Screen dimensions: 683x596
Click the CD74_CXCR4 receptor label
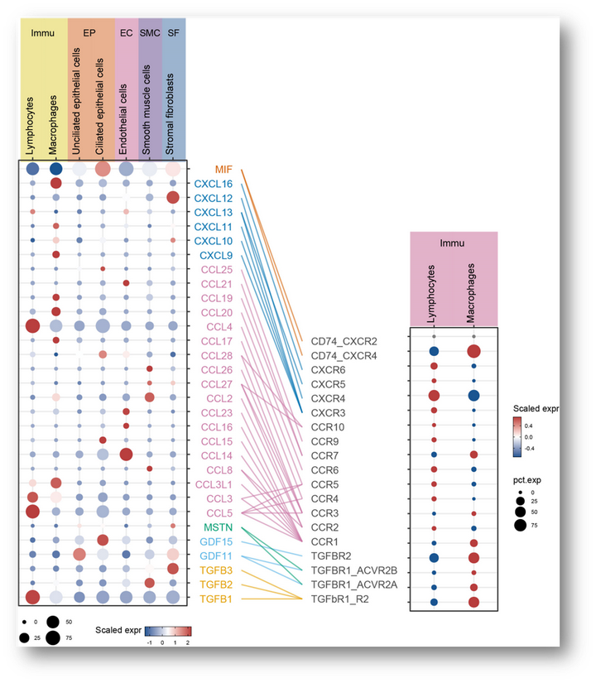click(344, 355)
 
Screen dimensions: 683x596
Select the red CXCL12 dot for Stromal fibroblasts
click(173, 198)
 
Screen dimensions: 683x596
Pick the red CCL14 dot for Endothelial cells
click(126, 455)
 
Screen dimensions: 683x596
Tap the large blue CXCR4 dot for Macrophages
click(473, 396)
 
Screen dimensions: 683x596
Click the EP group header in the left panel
click(89, 33)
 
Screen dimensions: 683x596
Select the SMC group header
click(150, 33)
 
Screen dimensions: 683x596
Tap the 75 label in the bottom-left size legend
click(70, 637)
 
